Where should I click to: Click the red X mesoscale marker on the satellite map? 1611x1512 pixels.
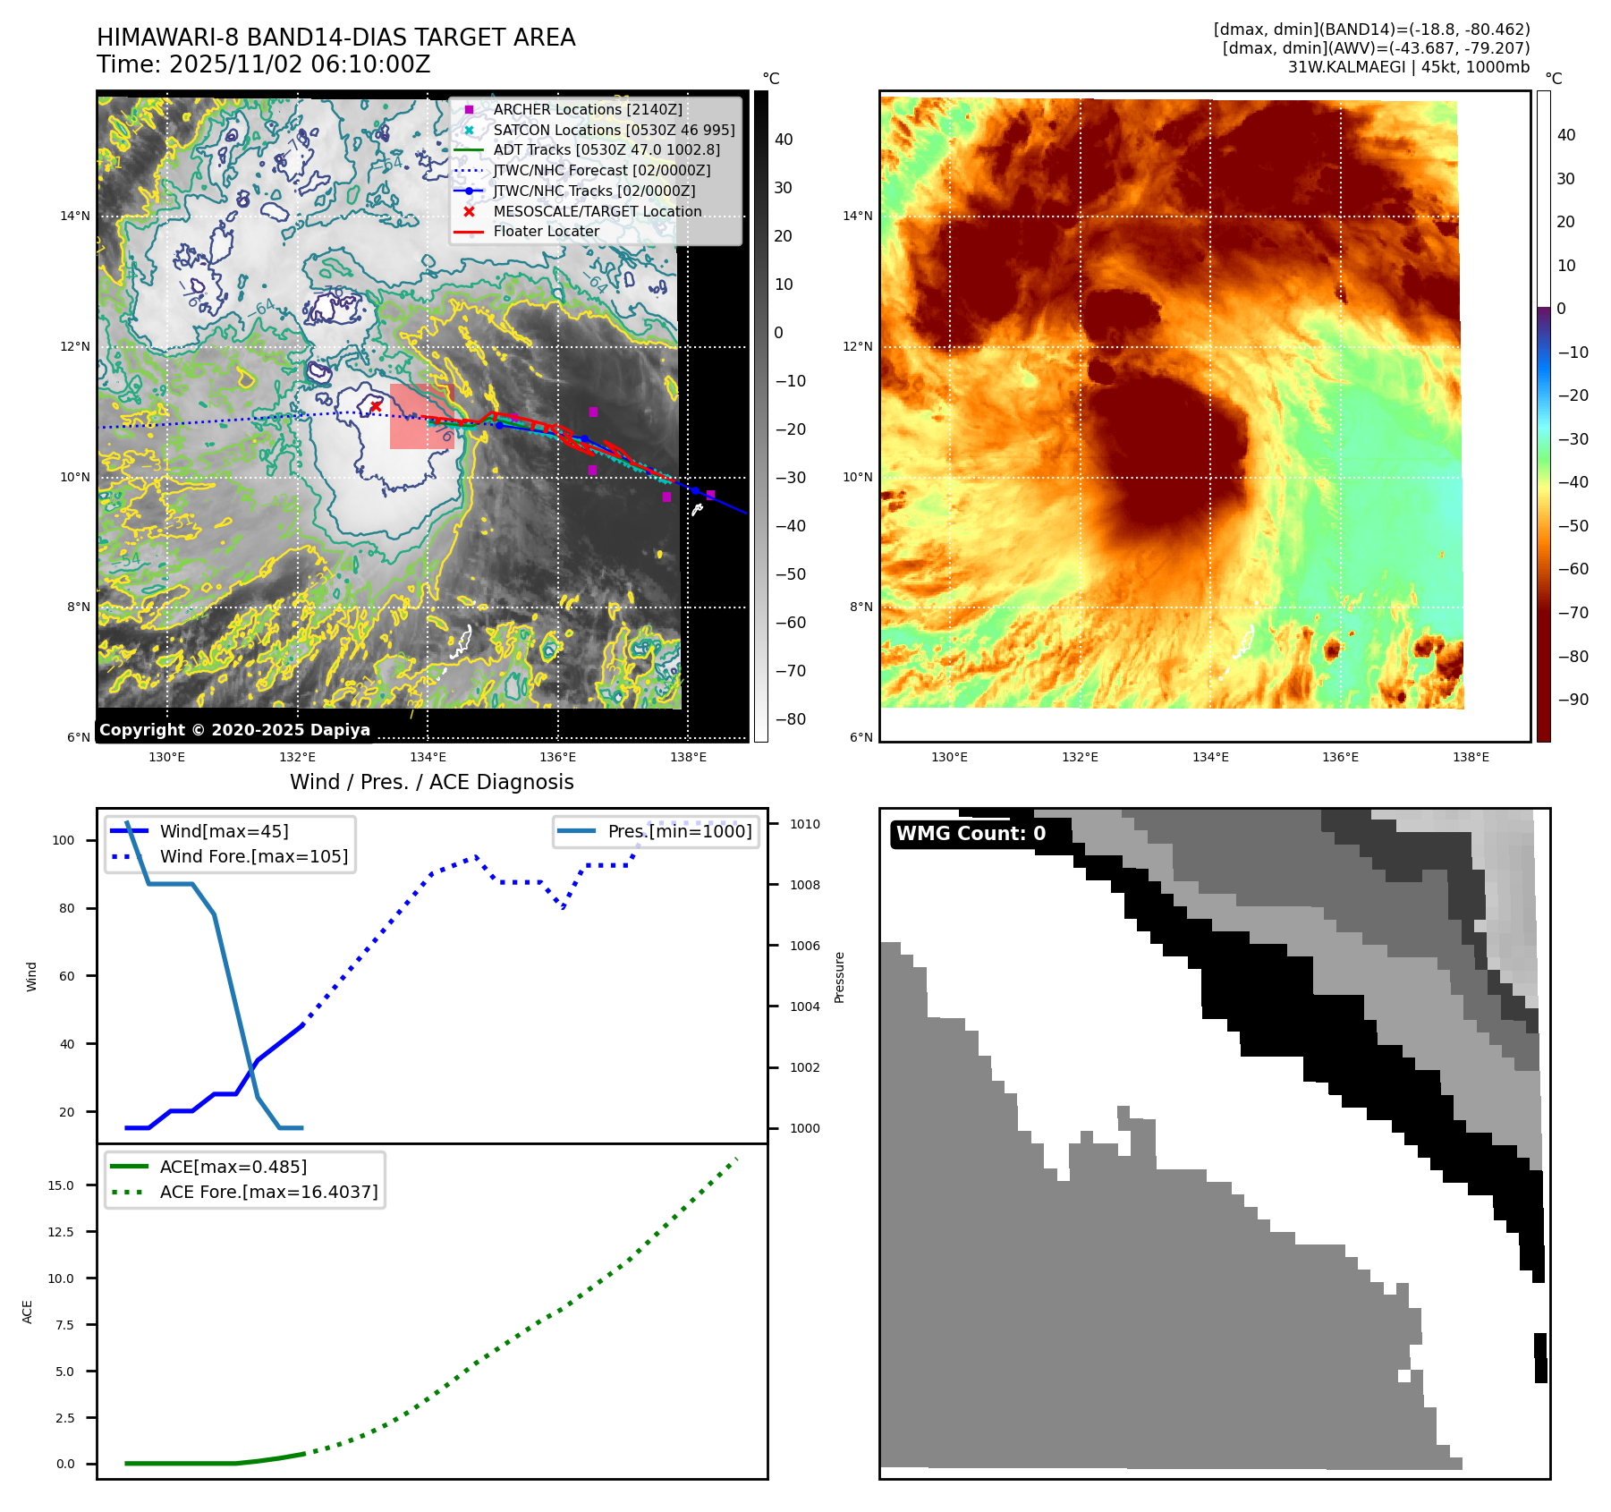[376, 406]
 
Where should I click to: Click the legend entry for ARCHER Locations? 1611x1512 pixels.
[587, 109]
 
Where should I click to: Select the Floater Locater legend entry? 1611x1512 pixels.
[546, 231]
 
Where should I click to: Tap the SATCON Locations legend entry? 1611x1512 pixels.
[614, 130]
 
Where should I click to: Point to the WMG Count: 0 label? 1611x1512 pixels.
[971, 834]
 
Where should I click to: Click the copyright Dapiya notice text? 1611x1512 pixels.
[234, 730]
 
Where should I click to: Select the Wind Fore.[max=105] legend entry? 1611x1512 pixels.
[253, 856]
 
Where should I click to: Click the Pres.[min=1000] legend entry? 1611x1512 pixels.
[680, 831]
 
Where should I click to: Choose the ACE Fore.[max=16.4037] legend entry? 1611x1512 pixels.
[268, 1192]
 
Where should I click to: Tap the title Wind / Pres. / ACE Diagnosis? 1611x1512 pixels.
[432, 782]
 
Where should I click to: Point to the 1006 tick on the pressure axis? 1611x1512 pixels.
[805, 946]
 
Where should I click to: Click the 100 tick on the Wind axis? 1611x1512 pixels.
[64, 840]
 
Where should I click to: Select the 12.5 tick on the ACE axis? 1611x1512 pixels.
[61, 1232]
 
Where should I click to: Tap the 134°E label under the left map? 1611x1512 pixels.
[428, 757]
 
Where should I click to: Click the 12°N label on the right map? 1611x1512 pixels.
[858, 346]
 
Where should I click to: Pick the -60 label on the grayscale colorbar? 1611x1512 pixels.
[791, 623]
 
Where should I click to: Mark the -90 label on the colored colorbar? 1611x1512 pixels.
[1573, 700]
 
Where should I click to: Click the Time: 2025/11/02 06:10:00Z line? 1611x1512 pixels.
[264, 64]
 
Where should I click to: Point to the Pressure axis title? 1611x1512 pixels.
[839, 977]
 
